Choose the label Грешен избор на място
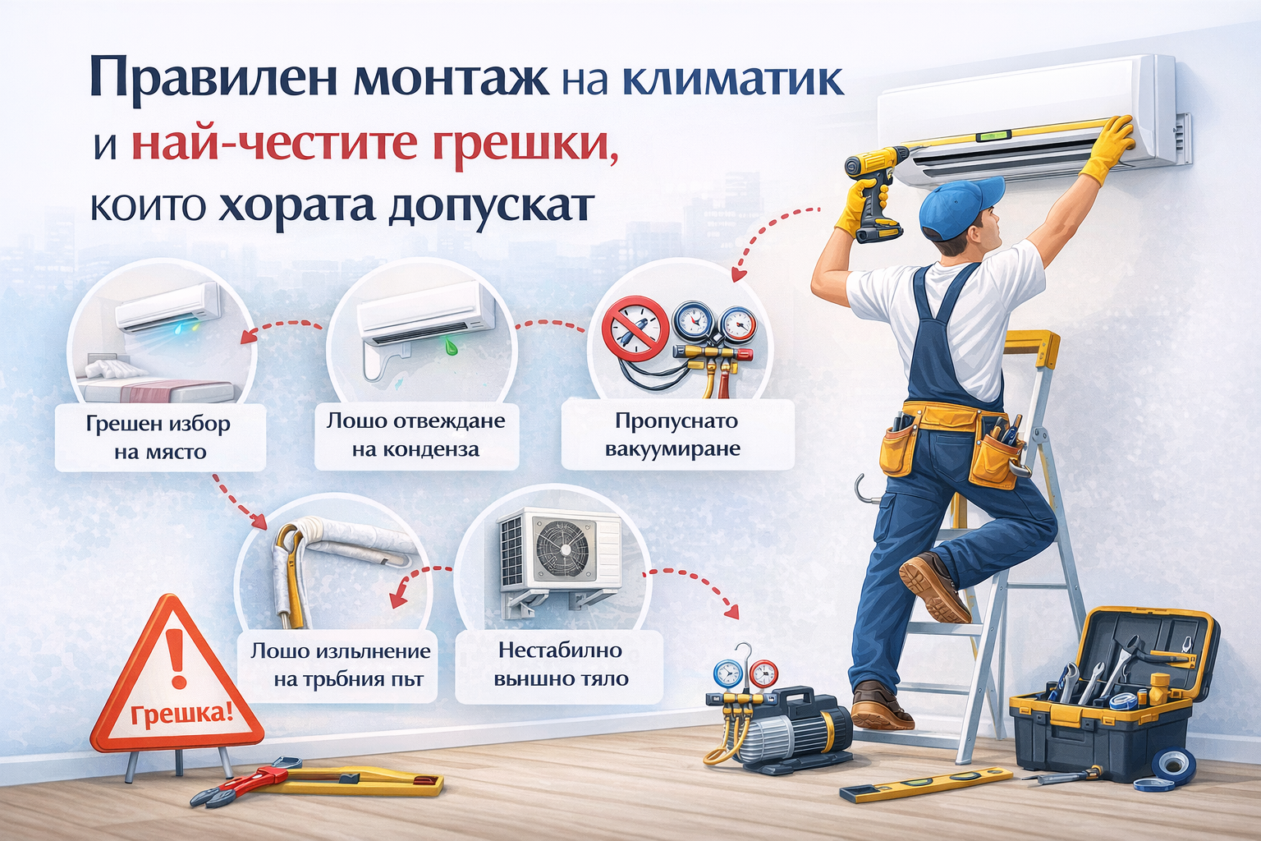tap(158, 437)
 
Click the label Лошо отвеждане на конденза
tap(416, 434)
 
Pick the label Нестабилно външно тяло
tap(561, 664)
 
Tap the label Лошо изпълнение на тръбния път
tap(340, 665)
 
